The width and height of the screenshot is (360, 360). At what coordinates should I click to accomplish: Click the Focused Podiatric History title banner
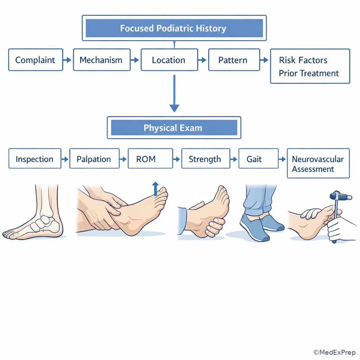[x=174, y=28]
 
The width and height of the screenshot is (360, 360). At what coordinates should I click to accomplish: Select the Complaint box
[x=36, y=60]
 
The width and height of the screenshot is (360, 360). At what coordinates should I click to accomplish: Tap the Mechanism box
[x=102, y=60]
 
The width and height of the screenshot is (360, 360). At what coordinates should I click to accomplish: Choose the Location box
[x=169, y=60]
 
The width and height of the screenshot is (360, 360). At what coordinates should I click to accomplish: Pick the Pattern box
[x=234, y=60]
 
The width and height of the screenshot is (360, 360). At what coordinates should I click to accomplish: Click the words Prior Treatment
[x=309, y=73]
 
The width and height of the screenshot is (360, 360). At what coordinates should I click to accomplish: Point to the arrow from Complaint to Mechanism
[x=67, y=60]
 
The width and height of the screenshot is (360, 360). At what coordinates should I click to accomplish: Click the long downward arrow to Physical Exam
[x=174, y=94]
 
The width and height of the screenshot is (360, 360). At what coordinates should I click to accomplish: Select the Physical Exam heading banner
[x=174, y=128]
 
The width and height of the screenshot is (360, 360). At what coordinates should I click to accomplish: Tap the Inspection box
[x=35, y=159]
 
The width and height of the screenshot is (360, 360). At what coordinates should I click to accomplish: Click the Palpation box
[x=94, y=159]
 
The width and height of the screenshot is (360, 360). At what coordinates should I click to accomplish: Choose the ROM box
[x=150, y=159]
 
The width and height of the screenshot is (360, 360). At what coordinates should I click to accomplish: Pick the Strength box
[x=206, y=159]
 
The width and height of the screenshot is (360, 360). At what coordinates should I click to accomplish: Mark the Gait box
[x=258, y=159]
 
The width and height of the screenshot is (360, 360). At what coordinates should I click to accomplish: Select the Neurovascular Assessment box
[x=318, y=163]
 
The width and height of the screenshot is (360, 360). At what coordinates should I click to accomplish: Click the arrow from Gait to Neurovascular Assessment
[x=282, y=159]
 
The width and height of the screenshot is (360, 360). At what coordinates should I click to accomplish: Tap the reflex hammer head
[x=341, y=196]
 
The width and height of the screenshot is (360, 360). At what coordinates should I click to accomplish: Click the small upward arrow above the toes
[x=155, y=189]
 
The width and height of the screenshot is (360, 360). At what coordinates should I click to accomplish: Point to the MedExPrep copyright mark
[x=334, y=352]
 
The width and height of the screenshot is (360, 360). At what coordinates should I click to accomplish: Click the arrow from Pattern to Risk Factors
[x=264, y=60]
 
